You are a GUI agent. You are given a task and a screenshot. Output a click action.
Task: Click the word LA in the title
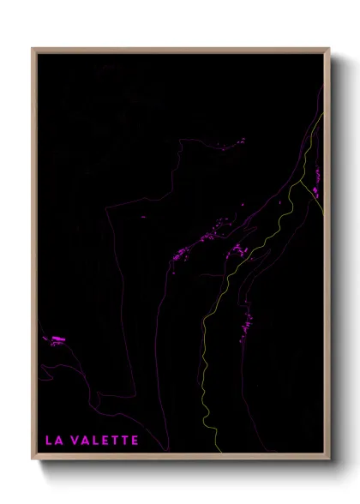pos(52,441)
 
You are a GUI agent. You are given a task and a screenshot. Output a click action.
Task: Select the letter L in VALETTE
pos(96,441)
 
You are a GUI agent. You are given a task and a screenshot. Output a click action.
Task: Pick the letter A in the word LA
pos(57,441)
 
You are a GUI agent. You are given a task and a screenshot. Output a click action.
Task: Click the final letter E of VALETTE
pos(134,441)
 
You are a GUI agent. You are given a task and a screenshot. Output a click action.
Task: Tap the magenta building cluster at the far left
pos(57,340)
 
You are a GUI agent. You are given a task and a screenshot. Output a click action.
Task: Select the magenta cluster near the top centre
pos(234,143)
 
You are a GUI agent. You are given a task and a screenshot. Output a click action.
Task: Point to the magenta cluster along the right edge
pos(316,178)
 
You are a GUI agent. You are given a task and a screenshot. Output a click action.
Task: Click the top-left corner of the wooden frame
pos(33,49)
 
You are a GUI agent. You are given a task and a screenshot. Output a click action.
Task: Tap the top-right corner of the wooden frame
pos(329,49)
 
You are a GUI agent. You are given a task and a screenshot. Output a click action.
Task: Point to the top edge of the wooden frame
pos(180,49)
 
